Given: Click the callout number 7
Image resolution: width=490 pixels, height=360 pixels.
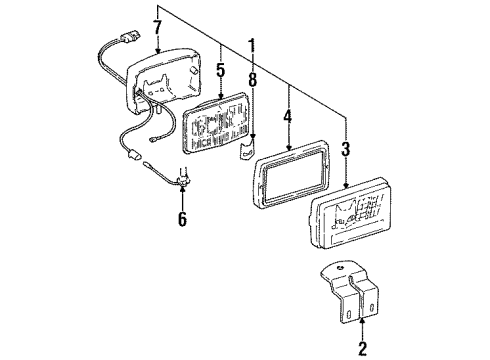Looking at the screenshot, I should (157, 25).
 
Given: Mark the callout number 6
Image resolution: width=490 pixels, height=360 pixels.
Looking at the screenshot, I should (182, 219).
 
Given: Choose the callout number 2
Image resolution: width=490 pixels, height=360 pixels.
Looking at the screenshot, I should (362, 347).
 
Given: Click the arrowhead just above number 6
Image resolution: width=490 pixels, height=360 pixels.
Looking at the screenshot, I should (182, 196).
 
